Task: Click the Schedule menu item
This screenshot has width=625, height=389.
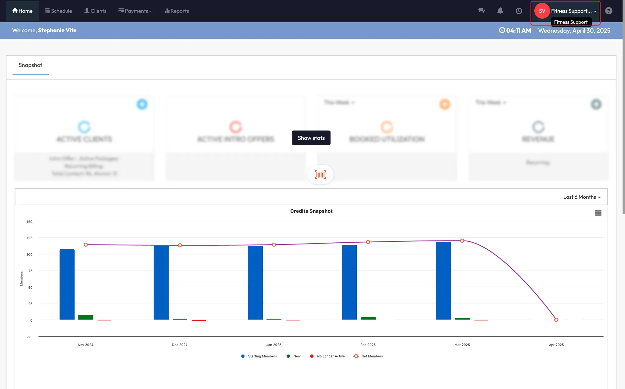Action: point(58,11)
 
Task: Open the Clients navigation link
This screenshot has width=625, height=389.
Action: point(95,11)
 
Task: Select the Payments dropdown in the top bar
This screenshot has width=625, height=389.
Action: point(135,11)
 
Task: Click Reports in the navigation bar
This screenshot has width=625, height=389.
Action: point(177,11)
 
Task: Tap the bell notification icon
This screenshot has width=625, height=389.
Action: point(500,11)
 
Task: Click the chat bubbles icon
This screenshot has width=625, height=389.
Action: point(482,11)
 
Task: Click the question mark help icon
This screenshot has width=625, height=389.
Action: point(609,11)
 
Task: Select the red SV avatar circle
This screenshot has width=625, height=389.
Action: point(542,11)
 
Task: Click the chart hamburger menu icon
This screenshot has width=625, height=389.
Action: point(598,213)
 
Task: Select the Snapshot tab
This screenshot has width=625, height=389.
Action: point(31,65)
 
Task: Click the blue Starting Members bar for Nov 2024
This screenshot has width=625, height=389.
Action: point(67,284)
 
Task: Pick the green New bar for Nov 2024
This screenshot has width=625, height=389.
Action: point(86,317)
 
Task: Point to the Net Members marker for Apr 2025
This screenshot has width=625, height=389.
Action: point(556,320)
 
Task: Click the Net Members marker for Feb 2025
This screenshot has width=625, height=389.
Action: point(368,242)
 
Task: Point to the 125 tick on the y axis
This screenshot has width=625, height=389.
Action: point(30,238)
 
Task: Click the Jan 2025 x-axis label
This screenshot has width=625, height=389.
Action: point(274,345)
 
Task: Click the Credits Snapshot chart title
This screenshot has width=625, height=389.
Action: point(311,211)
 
